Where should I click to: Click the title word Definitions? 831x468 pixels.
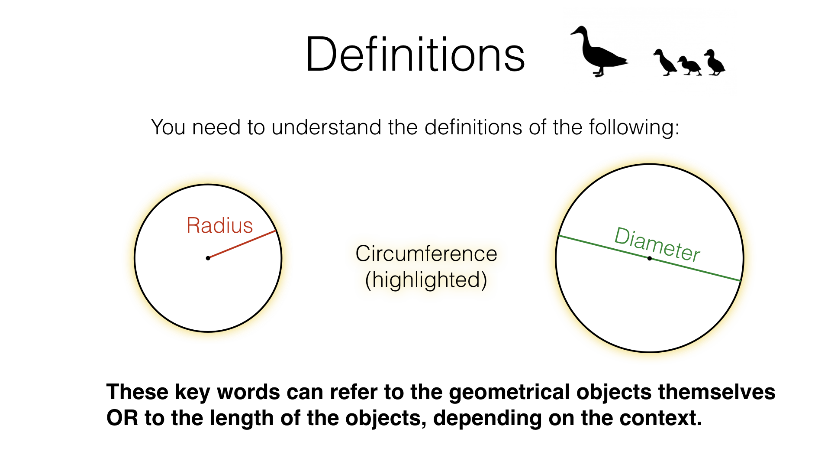(415, 55)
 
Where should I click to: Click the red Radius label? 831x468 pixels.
(219, 225)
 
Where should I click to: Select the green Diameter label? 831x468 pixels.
(657, 244)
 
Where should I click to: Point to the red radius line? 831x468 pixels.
(242, 244)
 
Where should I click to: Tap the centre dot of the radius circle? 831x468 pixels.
(208, 258)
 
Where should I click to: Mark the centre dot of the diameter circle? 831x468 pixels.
(649, 258)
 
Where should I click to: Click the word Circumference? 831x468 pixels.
(426, 253)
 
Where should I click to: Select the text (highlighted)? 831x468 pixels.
(426, 280)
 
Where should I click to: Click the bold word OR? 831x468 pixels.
(122, 418)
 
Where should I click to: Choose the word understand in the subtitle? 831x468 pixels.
(327, 127)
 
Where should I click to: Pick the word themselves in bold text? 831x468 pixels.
(717, 392)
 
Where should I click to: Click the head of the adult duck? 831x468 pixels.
(580, 32)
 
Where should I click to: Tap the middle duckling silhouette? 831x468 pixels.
(690, 66)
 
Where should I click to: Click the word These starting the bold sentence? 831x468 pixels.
(137, 392)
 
